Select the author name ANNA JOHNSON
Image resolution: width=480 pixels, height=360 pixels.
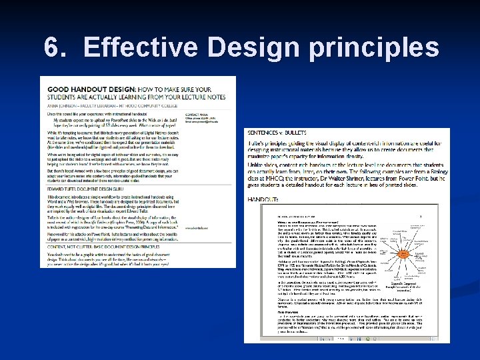tap(63, 103)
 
